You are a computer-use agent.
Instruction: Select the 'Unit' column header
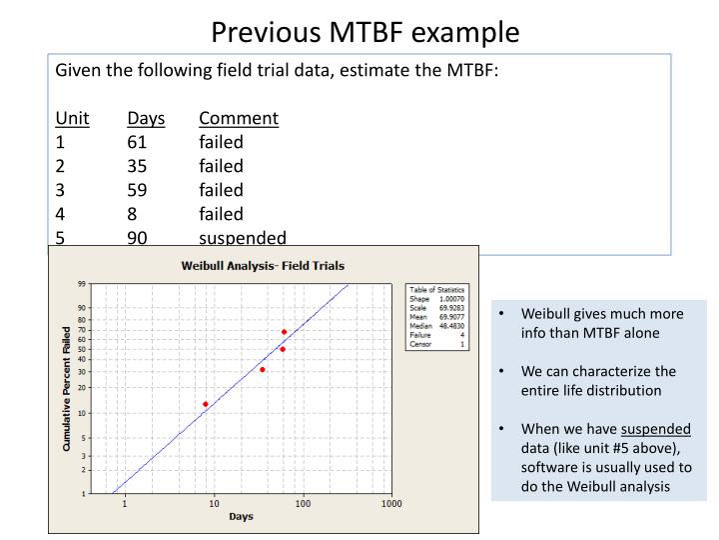(x=72, y=119)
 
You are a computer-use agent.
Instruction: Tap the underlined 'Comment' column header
(x=238, y=119)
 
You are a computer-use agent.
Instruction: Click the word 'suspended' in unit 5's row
(x=243, y=238)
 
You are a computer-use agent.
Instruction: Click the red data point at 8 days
(x=206, y=404)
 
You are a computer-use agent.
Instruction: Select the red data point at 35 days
(x=263, y=370)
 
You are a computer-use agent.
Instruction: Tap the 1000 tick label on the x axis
(x=391, y=504)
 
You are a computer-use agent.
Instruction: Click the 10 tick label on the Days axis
(x=214, y=504)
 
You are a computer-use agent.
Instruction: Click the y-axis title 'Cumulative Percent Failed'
(x=66, y=388)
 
